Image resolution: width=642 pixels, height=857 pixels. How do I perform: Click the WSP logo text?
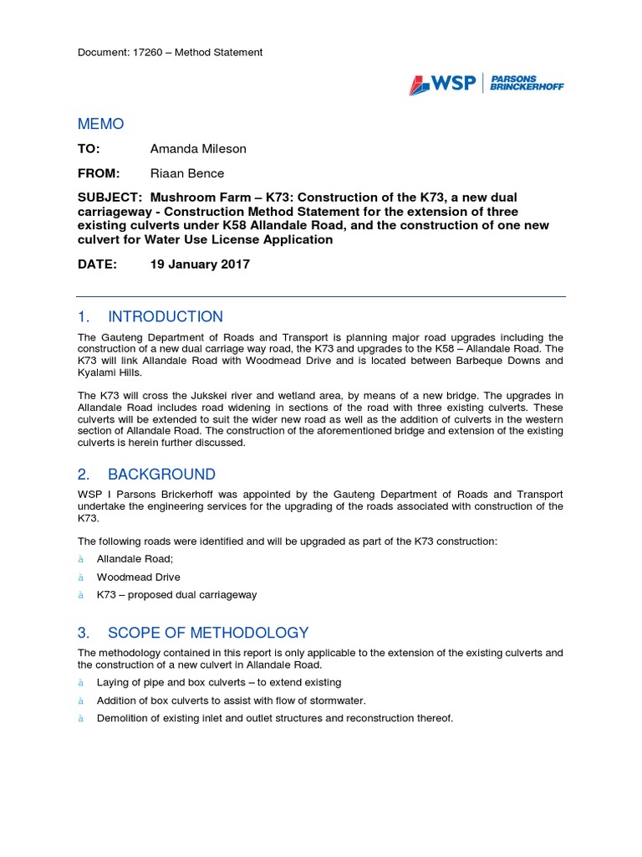coord(453,83)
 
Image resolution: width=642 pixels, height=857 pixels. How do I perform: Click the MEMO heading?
coord(100,124)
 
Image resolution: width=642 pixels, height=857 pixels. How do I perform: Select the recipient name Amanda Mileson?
coord(198,149)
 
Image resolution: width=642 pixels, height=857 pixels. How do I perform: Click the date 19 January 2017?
coord(200,264)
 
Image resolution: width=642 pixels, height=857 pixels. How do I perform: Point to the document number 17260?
coord(150,52)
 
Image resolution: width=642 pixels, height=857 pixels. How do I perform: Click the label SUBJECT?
coord(109,198)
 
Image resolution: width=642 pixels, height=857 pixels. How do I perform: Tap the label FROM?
coord(99,173)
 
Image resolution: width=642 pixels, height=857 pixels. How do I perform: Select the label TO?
coord(89,149)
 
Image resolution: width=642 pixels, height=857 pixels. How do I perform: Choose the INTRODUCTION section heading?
coord(166,316)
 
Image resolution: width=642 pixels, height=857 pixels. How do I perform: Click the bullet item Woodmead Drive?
coord(138,577)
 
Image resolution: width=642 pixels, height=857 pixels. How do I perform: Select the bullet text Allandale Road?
coord(135,558)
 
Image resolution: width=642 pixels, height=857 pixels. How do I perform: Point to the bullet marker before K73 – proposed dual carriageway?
coord(81,595)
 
